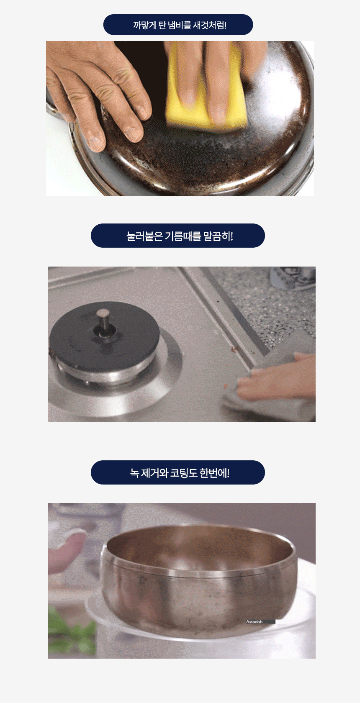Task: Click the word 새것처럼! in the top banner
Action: pyautogui.click(x=210, y=25)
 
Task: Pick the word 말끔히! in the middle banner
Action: pyautogui.click(x=218, y=236)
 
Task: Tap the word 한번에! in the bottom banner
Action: pyautogui.click(x=214, y=473)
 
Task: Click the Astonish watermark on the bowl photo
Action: pyautogui.click(x=254, y=622)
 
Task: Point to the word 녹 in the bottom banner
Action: pyautogui.click(x=134, y=473)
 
